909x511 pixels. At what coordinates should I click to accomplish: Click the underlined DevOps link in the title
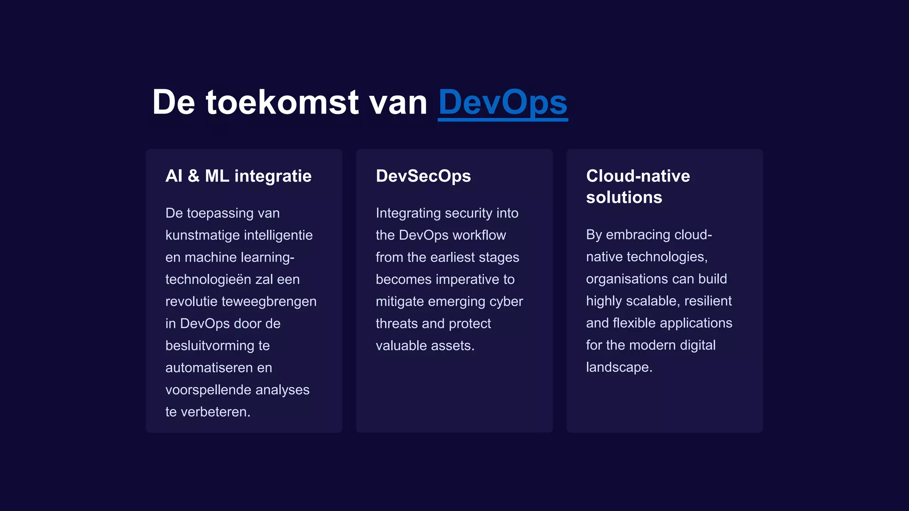click(x=502, y=103)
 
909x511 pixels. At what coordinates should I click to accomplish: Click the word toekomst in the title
click(x=282, y=103)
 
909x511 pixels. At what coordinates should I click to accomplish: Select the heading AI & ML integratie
click(x=238, y=176)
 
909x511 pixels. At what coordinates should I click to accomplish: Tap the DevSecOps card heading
click(x=423, y=176)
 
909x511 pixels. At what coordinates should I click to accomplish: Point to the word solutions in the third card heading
click(x=624, y=197)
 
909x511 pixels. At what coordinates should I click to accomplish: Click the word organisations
click(x=627, y=279)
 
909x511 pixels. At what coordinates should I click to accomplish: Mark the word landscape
click(x=618, y=367)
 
